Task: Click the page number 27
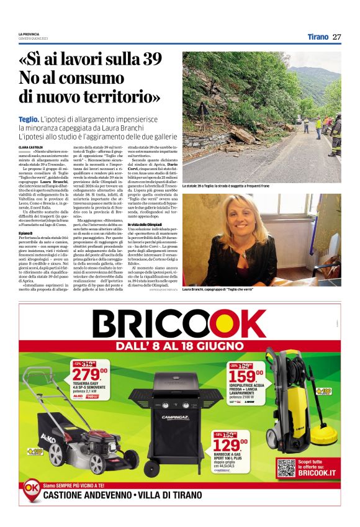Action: tap(337, 37)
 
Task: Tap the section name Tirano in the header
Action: tap(318, 37)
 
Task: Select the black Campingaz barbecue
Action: tap(168, 422)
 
